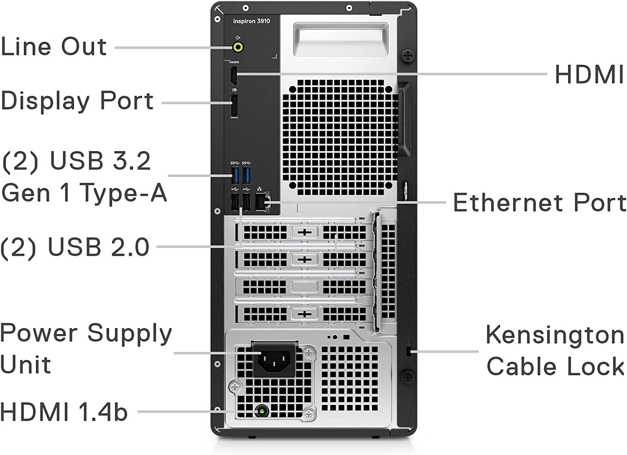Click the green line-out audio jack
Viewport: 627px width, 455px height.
coord(238,47)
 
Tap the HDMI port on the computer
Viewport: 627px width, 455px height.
coord(234,75)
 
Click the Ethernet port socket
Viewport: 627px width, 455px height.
coord(263,202)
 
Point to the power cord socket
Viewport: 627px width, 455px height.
coord(275,359)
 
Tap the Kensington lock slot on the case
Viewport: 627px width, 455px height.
coord(409,351)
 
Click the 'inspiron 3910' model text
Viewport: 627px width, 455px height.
coord(252,21)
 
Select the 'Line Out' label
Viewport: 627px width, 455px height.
coord(54,46)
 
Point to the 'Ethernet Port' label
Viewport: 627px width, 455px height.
coord(540,203)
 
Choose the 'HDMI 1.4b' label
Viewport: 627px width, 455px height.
coord(64,412)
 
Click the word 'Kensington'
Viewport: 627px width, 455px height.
coord(555,335)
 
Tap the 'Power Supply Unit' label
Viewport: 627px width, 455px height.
coord(86,349)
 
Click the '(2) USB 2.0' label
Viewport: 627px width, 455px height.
coord(75,247)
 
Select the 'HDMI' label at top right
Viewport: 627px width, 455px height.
coord(589,75)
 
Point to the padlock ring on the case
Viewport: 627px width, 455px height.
coord(404,189)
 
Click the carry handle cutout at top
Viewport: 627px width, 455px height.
coord(341,40)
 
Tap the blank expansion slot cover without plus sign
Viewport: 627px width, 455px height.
coord(304,287)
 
